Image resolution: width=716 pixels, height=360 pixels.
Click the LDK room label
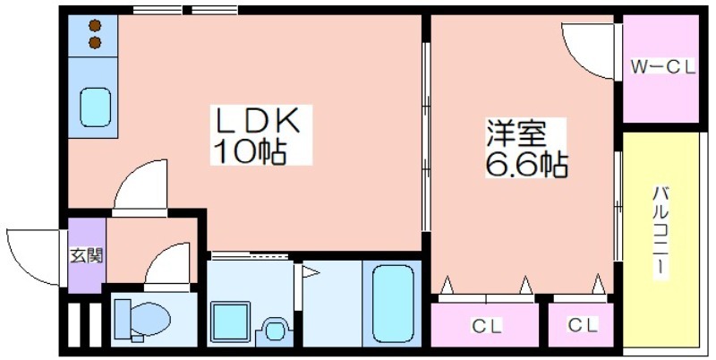coord(258,120)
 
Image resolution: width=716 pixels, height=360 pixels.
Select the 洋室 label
coord(516,133)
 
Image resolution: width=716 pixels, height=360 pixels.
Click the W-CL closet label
coord(662,67)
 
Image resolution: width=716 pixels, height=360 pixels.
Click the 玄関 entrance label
coord(86,256)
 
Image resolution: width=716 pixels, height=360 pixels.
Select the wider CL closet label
coord(487,326)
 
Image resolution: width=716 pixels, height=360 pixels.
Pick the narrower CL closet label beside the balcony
coord(584,325)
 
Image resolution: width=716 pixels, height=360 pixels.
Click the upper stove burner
coord(95,25)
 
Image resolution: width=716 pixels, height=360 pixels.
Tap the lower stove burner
coord(95,43)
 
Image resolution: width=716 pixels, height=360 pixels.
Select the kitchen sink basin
coord(96,107)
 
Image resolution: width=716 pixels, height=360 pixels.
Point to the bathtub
coord(393,304)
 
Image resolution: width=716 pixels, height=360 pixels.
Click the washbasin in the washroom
coord(275,330)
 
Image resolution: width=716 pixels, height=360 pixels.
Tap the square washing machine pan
coord(230,321)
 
